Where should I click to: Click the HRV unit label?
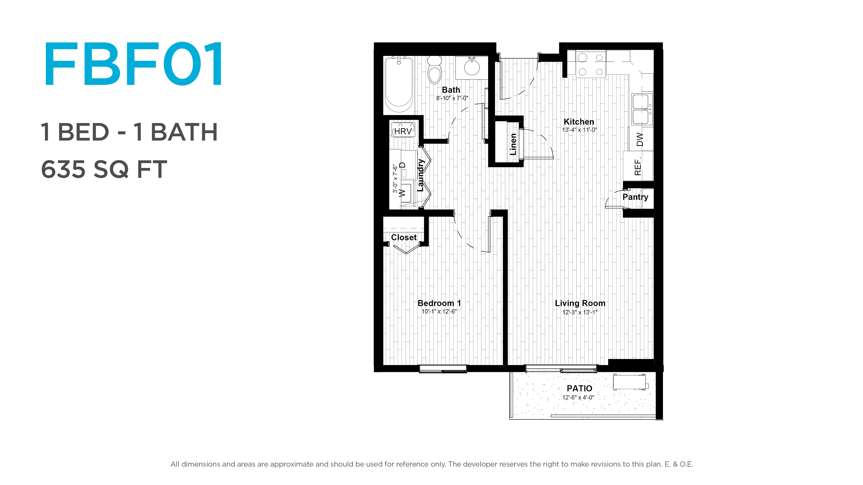403,131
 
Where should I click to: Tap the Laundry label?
420,175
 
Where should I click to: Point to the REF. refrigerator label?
638,166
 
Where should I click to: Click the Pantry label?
635,197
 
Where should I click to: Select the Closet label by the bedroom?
404,237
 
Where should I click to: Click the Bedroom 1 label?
439,303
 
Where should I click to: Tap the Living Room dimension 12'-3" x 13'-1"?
580,312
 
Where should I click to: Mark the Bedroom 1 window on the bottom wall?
443,369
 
